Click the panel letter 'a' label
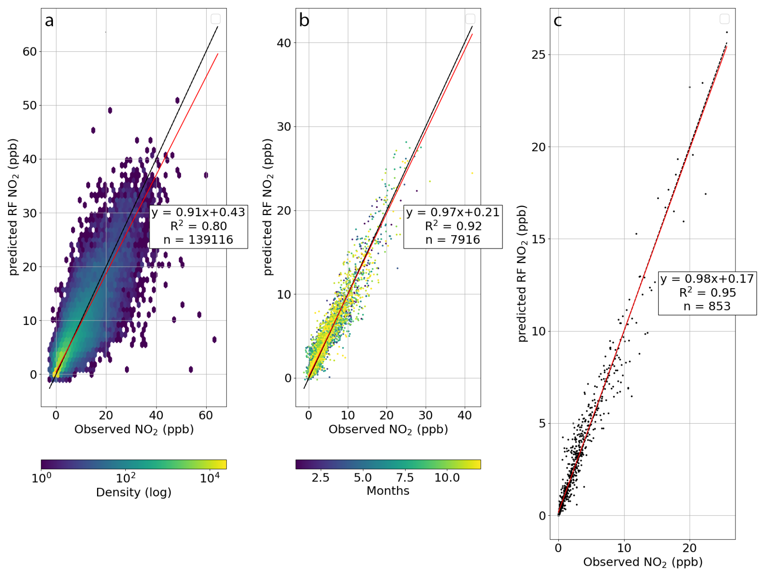tap(49, 21)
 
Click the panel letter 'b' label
tap(304, 20)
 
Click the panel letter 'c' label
tap(558, 20)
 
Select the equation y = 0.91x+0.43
tap(198, 212)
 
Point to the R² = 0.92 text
tap(453, 226)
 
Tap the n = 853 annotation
tap(707, 306)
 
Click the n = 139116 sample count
tap(198, 240)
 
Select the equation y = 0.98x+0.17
tap(707, 279)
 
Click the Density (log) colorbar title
tap(133, 492)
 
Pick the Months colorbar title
tap(388, 491)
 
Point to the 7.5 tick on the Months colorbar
tap(405, 478)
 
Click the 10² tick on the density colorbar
tap(126, 478)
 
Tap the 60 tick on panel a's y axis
tap(30, 52)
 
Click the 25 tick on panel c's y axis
tap(539, 55)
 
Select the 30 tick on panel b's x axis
tap(425, 415)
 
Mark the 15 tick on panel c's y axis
tap(539, 239)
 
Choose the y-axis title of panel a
tap(13, 207)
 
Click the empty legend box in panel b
tap(470, 19)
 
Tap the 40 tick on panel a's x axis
tap(156, 415)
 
